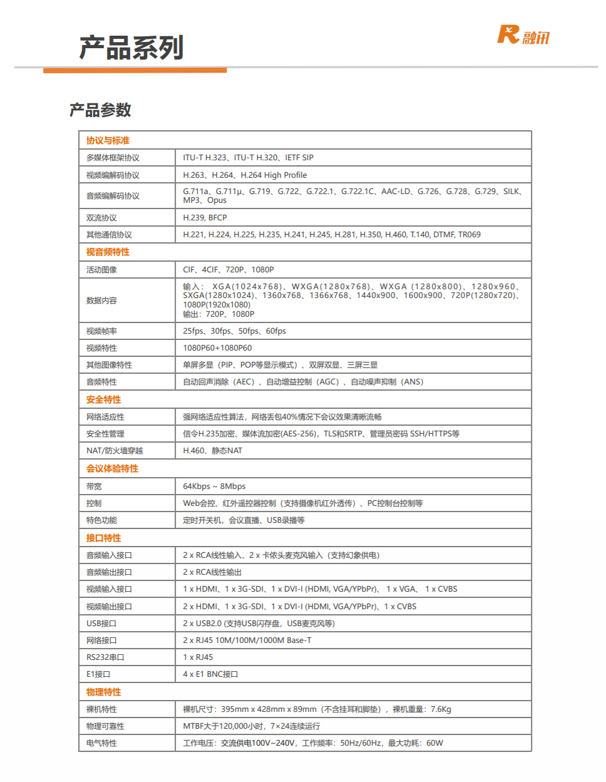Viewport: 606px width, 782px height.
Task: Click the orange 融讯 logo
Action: point(523,35)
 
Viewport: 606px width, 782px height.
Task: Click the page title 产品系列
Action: point(131,48)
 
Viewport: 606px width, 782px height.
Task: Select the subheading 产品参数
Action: point(100,110)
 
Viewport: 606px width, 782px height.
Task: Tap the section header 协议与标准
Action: point(108,140)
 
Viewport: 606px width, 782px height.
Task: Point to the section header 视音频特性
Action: point(108,252)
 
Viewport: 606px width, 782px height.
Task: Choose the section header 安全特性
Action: point(103,399)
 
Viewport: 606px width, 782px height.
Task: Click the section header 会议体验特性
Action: point(112,468)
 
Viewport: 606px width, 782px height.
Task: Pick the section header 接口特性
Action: point(103,538)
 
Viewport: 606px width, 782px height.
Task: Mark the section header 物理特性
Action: point(103,692)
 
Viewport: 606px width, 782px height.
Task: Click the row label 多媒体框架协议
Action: point(113,158)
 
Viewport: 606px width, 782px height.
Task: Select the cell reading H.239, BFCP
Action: point(205,218)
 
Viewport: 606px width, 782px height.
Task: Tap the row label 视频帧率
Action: point(101,331)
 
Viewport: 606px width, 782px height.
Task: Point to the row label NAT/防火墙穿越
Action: point(115,451)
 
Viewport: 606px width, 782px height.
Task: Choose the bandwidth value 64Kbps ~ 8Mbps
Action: point(214,486)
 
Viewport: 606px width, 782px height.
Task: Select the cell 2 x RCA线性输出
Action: point(212,572)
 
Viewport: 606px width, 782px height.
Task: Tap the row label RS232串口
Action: point(105,657)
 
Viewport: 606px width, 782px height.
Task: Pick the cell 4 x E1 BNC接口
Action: point(210,674)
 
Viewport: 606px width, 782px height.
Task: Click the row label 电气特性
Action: point(101,743)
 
